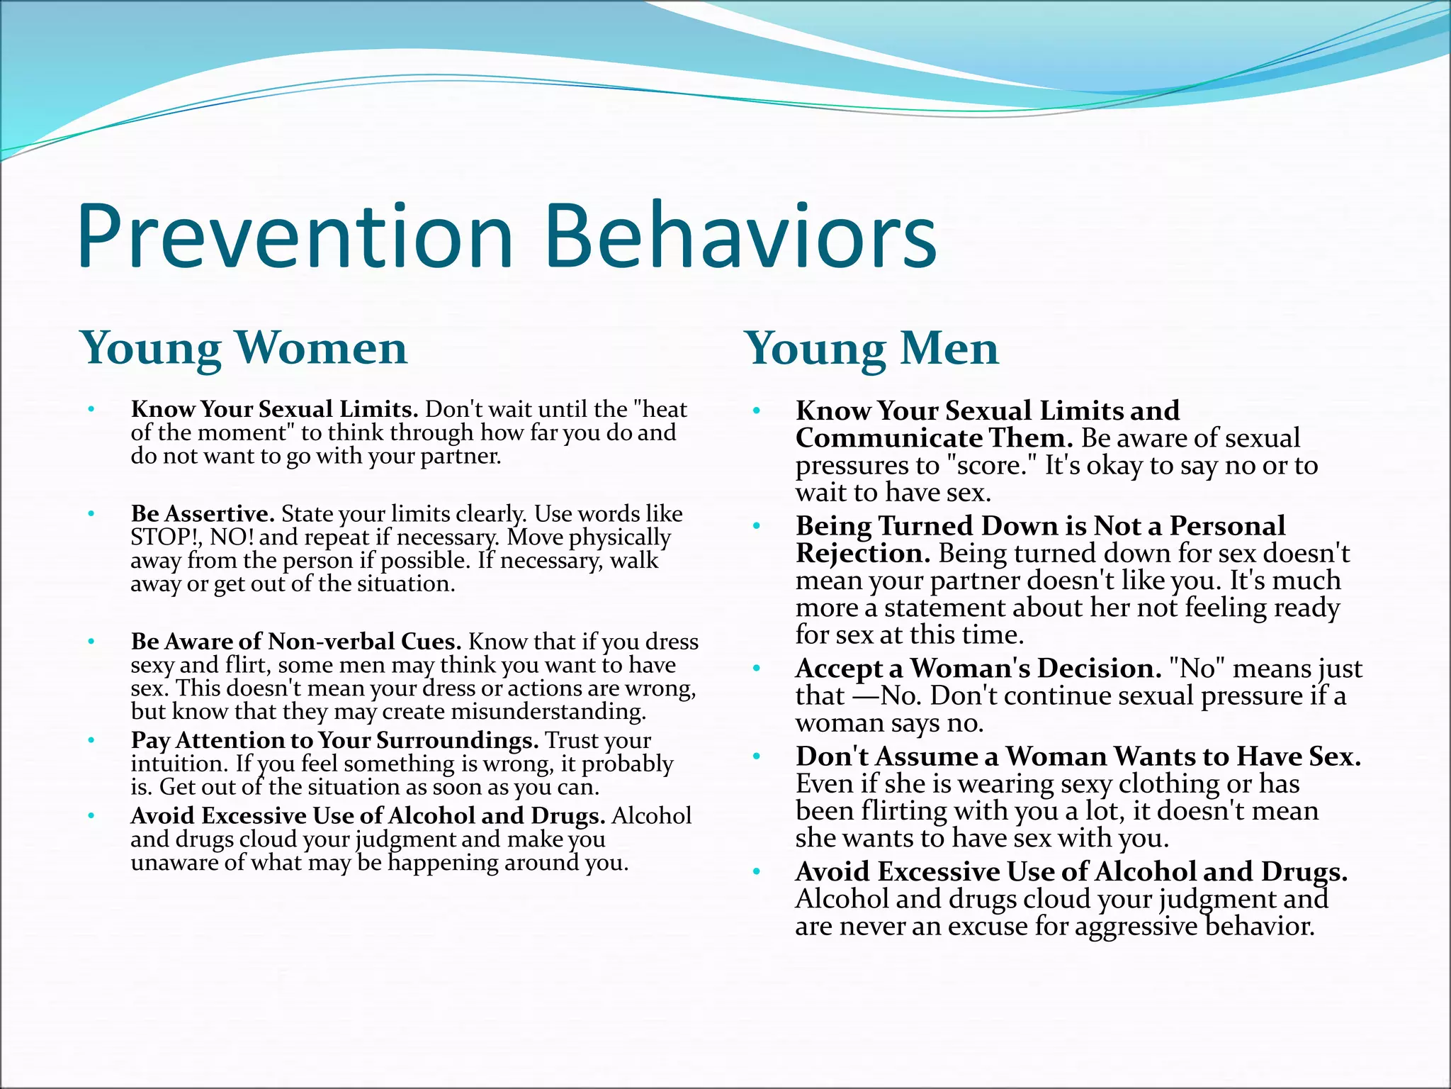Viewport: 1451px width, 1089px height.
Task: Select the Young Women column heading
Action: (244, 348)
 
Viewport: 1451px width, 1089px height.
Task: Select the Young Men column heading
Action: (871, 350)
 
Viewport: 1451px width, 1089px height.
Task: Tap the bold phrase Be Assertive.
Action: (203, 513)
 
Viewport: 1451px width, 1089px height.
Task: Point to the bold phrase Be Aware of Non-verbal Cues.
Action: (296, 642)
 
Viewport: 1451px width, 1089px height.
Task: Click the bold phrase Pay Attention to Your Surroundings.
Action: (334, 740)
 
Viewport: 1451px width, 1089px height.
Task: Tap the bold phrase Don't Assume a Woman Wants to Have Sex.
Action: (1078, 756)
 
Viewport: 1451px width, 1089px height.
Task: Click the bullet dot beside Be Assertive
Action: (91, 513)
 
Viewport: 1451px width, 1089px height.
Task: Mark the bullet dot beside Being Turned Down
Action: (757, 526)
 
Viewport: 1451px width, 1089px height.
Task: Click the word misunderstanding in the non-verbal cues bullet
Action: (548, 712)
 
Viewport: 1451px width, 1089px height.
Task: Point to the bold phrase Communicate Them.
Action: (935, 438)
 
